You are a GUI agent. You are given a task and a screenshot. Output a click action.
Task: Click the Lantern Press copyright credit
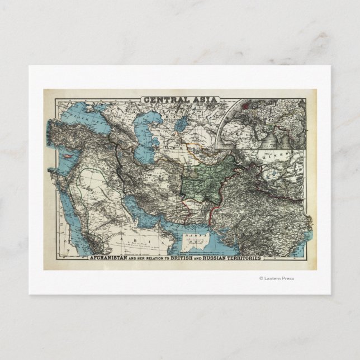(276, 278)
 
